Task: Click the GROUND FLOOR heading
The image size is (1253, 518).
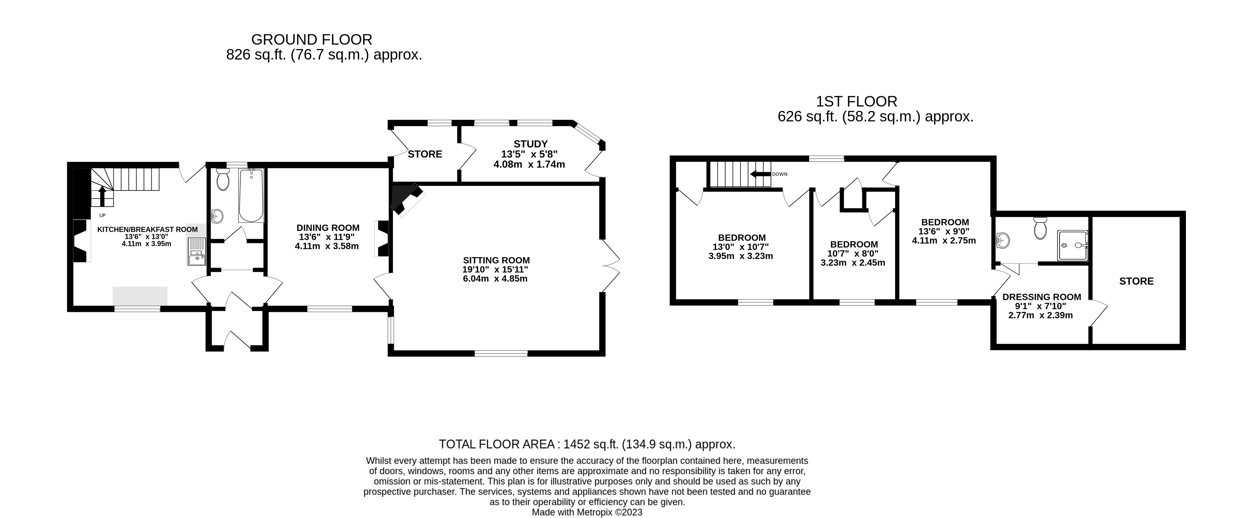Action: pyautogui.click(x=311, y=39)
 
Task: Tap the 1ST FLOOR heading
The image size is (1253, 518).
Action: pyautogui.click(x=857, y=102)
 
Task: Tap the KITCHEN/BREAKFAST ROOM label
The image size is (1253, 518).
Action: pyautogui.click(x=147, y=229)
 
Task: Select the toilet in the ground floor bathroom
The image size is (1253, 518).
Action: pyautogui.click(x=223, y=179)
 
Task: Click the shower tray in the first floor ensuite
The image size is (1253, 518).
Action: pyautogui.click(x=1073, y=245)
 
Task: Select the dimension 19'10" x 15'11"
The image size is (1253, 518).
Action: pyautogui.click(x=495, y=270)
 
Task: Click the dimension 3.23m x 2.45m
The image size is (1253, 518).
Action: pyautogui.click(x=853, y=263)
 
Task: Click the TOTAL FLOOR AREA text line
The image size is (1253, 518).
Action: pyautogui.click(x=587, y=444)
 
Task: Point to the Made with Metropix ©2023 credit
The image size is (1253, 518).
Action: pyautogui.click(x=587, y=513)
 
